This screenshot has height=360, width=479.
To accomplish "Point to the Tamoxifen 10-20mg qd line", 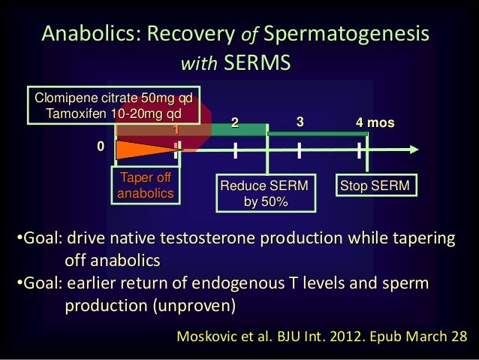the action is coord(113,113).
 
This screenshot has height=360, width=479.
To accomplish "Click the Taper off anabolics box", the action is coord(146,186).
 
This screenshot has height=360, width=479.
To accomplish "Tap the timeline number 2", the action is coord(233,123).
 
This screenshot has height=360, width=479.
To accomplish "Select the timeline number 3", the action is coord(300,122).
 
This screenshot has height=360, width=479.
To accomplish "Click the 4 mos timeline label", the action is coord(375,122).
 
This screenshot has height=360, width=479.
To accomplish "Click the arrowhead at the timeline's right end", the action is coord(408,150).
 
